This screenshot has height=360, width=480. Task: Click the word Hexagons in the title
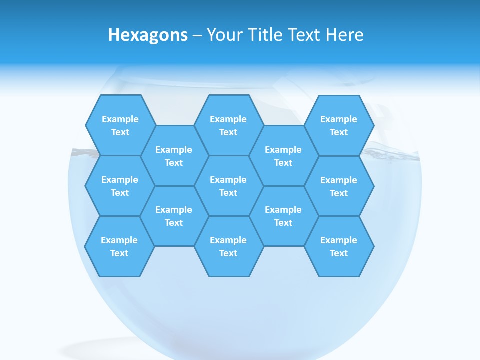coord(148,35)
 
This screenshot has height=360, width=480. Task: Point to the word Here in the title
coord(345,35)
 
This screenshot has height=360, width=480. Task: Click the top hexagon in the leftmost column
coord(120,125)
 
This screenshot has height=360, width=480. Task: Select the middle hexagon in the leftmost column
coord(120,186)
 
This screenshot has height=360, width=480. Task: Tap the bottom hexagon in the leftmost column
coord(119,246)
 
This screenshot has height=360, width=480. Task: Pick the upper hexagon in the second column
coord(174,156)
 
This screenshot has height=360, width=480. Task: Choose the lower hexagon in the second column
coord(174,216)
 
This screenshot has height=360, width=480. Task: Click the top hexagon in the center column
coord(228,125)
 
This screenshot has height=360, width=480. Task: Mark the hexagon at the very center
coord(228,186)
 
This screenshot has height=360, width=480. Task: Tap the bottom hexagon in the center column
coord(228,246)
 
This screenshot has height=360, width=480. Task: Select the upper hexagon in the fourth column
coord(283,156)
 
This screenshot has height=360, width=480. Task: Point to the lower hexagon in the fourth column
coord(283,216)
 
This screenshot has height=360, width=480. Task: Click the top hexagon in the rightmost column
coord(339,125)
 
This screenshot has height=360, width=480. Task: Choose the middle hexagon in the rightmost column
coord(339,186)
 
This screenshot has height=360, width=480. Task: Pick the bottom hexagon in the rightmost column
coord(339,246)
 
